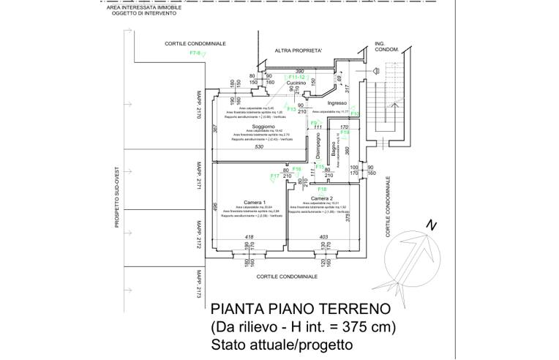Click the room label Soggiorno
(x=253, y=127)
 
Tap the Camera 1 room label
(x=254, y=202)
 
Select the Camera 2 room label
(x=322, y=198)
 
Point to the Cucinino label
(x=296, y=83)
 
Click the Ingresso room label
(x=337, y=103)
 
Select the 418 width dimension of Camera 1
(x=249, y=238)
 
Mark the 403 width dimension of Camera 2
(x=324, y=238)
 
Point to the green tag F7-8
(x=195, y=53)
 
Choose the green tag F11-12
(x=296, y=77)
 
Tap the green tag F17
(x=274, y=176)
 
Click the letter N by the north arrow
(x=433, y=226)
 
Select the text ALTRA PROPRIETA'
(x=299, y=50)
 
